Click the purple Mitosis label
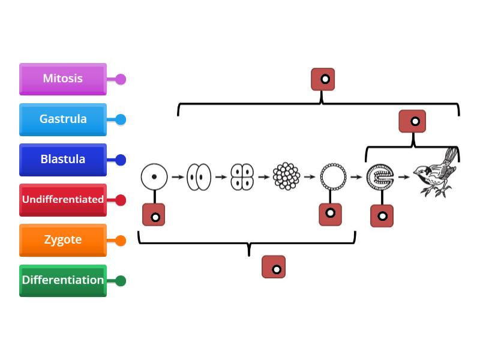[x=63, y=79]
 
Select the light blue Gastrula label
[x=63, y=119]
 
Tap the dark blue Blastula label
[x=63, y=160]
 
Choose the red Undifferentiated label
[x=63, y=200]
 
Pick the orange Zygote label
[x=63, y=240]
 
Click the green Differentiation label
[x=63, y=280]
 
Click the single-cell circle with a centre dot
[x=154, y=177]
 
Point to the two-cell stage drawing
[x=199, y=177]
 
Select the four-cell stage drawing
[x=242, y=177]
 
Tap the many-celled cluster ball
[x=286, y=177]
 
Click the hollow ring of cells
[x=333, y=177]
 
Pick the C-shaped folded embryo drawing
[x=380, y=177]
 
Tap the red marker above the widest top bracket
[x=323, y=79]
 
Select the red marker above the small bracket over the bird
[x=413, y=121]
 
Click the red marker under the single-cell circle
[x=154, y=215]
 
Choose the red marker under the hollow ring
[x=330, y=214]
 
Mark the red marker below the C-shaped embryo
[x=382, y=216]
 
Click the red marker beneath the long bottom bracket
[x=274, y=268]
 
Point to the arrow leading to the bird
[x=404, y=177]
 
